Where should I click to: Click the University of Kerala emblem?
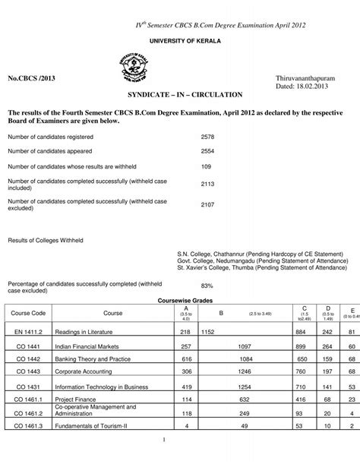point(130,68)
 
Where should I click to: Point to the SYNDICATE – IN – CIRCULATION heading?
point(180,96)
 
